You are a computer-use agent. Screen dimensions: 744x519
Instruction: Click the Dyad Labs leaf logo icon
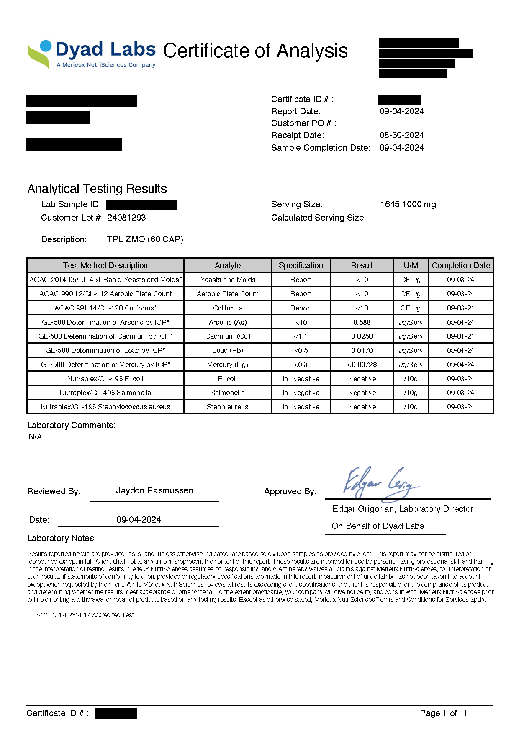coord(40,54)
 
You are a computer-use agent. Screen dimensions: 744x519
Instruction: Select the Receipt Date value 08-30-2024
coord(401,135)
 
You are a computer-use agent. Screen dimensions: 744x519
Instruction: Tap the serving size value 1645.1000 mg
coord(408,204)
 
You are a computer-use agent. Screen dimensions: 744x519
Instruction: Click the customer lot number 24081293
coord(126,218)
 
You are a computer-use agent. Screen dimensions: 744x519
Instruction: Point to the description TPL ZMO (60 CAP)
coord(145,239)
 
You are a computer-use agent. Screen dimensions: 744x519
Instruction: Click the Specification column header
coord(301,265)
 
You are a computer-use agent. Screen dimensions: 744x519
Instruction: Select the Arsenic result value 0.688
coord(362,322)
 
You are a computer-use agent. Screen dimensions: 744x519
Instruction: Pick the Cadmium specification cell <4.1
coord(301,336)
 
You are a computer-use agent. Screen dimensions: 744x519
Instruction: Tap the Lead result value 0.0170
coord(362,350)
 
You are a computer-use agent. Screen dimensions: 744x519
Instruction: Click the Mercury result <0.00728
coord(362,364)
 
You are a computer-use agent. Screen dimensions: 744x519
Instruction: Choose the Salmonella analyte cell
coord(227,393)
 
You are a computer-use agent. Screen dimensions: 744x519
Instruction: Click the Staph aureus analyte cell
coord(227,407)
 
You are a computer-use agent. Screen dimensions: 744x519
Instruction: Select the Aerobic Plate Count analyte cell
coord(227,294)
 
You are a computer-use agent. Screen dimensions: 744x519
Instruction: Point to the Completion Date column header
coord(461,265)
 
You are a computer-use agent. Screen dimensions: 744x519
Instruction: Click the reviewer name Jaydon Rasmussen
coord(154,490)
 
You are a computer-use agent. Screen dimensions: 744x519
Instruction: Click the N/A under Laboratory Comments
coord(36,436)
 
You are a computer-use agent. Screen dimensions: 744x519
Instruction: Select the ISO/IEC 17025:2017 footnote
coord(81,615)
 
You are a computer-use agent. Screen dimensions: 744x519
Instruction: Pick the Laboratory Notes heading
coord(62,538)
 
